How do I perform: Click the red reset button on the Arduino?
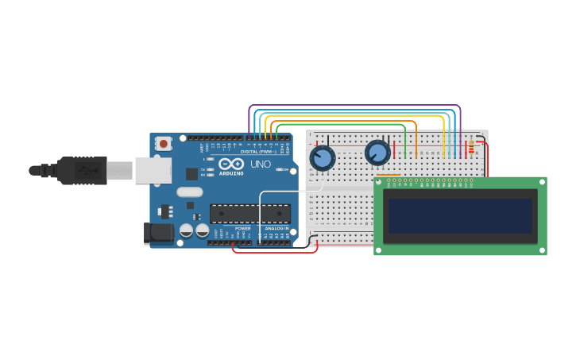click(163, 144)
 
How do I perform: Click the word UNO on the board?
click(261, 165)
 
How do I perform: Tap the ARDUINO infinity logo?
click(231, 164)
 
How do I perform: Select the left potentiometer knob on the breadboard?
click(323, 158)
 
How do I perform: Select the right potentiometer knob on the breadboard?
click(377, 153)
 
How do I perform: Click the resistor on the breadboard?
click(471, 147)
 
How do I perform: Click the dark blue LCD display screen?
click(460, 215)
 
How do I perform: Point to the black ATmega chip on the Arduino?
click(249, 213)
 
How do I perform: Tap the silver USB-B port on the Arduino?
click(153, 170)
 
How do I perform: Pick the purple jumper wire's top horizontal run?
click(354, 105)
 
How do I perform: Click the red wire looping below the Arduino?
click(274, 252)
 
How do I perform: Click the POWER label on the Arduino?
click(242, 228)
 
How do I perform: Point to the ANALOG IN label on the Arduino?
click(276, 228)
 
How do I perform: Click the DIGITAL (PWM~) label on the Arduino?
click(258, 151)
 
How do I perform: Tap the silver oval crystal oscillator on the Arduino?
click(190, 192)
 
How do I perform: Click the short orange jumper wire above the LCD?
click(388, 175)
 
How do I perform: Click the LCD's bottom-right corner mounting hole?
click(541, 249)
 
